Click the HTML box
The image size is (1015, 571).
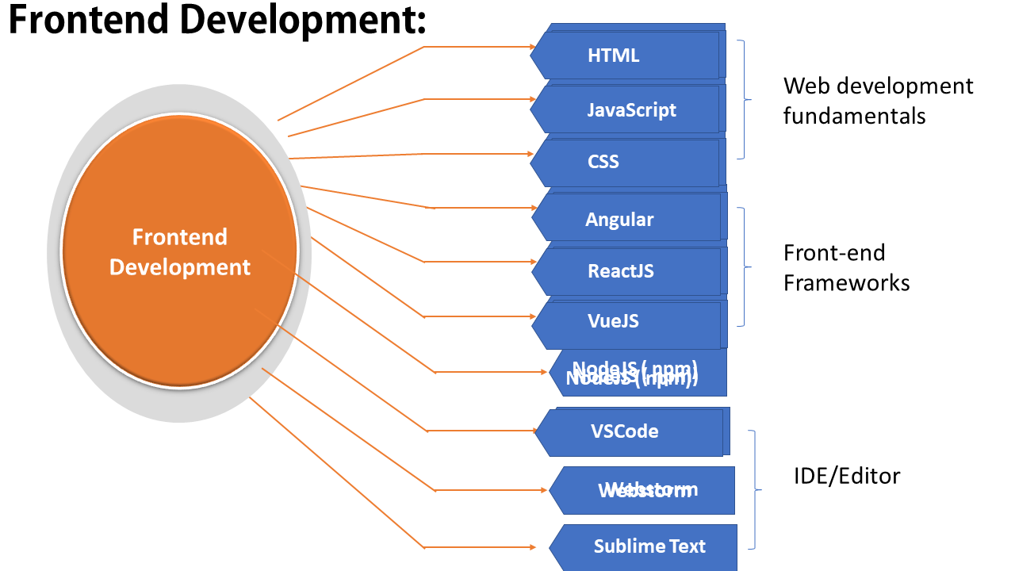click(626, 56)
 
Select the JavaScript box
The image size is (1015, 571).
click(630, 109)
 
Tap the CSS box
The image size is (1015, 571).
click(626, 163)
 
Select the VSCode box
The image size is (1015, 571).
click(630, 432)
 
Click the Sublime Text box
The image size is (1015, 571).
click(646, 546)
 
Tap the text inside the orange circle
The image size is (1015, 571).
click(180, 252)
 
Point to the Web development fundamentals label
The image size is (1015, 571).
click(878, 101)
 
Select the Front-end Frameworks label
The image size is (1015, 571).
click(846, 267)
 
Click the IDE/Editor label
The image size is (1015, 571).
click(847, 476)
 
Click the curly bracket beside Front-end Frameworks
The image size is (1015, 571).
click(745, 267)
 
